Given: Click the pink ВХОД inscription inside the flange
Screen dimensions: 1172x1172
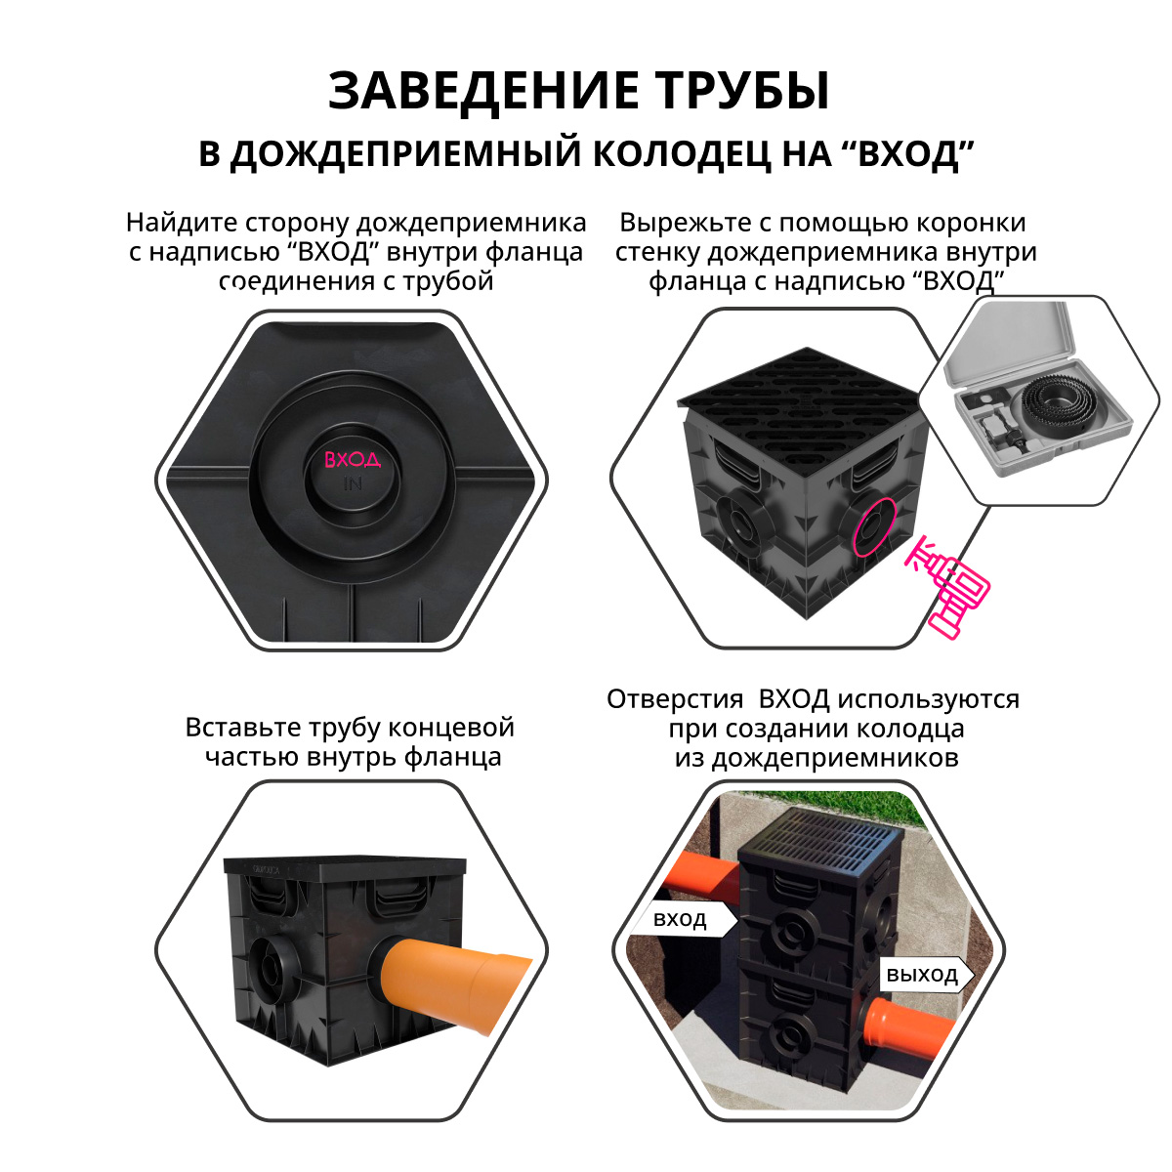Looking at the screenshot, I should point(352,459).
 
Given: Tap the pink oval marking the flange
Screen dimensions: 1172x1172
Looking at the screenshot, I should point(872,527).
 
